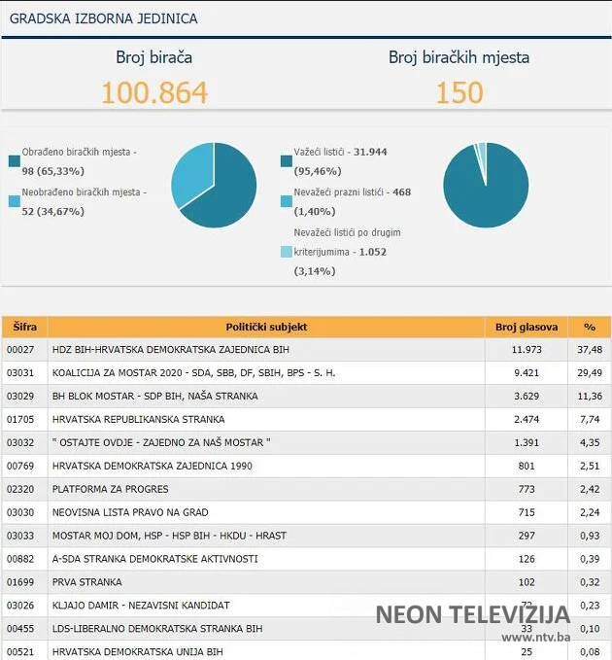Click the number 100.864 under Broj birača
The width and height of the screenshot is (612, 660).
(x=154, y=92)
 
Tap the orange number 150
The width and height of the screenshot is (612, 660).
(x=459, y=92)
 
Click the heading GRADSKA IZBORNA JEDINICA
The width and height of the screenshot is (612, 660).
(x=105, y=19)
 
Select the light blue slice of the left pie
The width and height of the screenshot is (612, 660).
(x=193, y=170)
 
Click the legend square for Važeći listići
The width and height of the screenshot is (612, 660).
(x=286, y=160)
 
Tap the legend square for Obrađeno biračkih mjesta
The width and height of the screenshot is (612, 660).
(x=14, y=160)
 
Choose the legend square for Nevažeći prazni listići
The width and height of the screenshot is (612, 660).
(x=286, y=201)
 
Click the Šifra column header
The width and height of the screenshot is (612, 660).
(x=24, y=327)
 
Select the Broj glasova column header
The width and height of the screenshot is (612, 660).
(x=526, y=327)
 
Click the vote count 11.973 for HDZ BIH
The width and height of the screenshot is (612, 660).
(x=526, y=350)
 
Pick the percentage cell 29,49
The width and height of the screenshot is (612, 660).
(x=589, y=373)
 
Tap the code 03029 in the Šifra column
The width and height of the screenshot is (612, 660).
(x=20, y=397)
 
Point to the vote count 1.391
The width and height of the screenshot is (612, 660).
(x=526, y=443)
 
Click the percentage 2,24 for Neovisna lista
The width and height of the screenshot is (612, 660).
(x=589, y=512)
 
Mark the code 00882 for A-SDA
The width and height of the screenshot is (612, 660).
(x=20, y=559)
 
